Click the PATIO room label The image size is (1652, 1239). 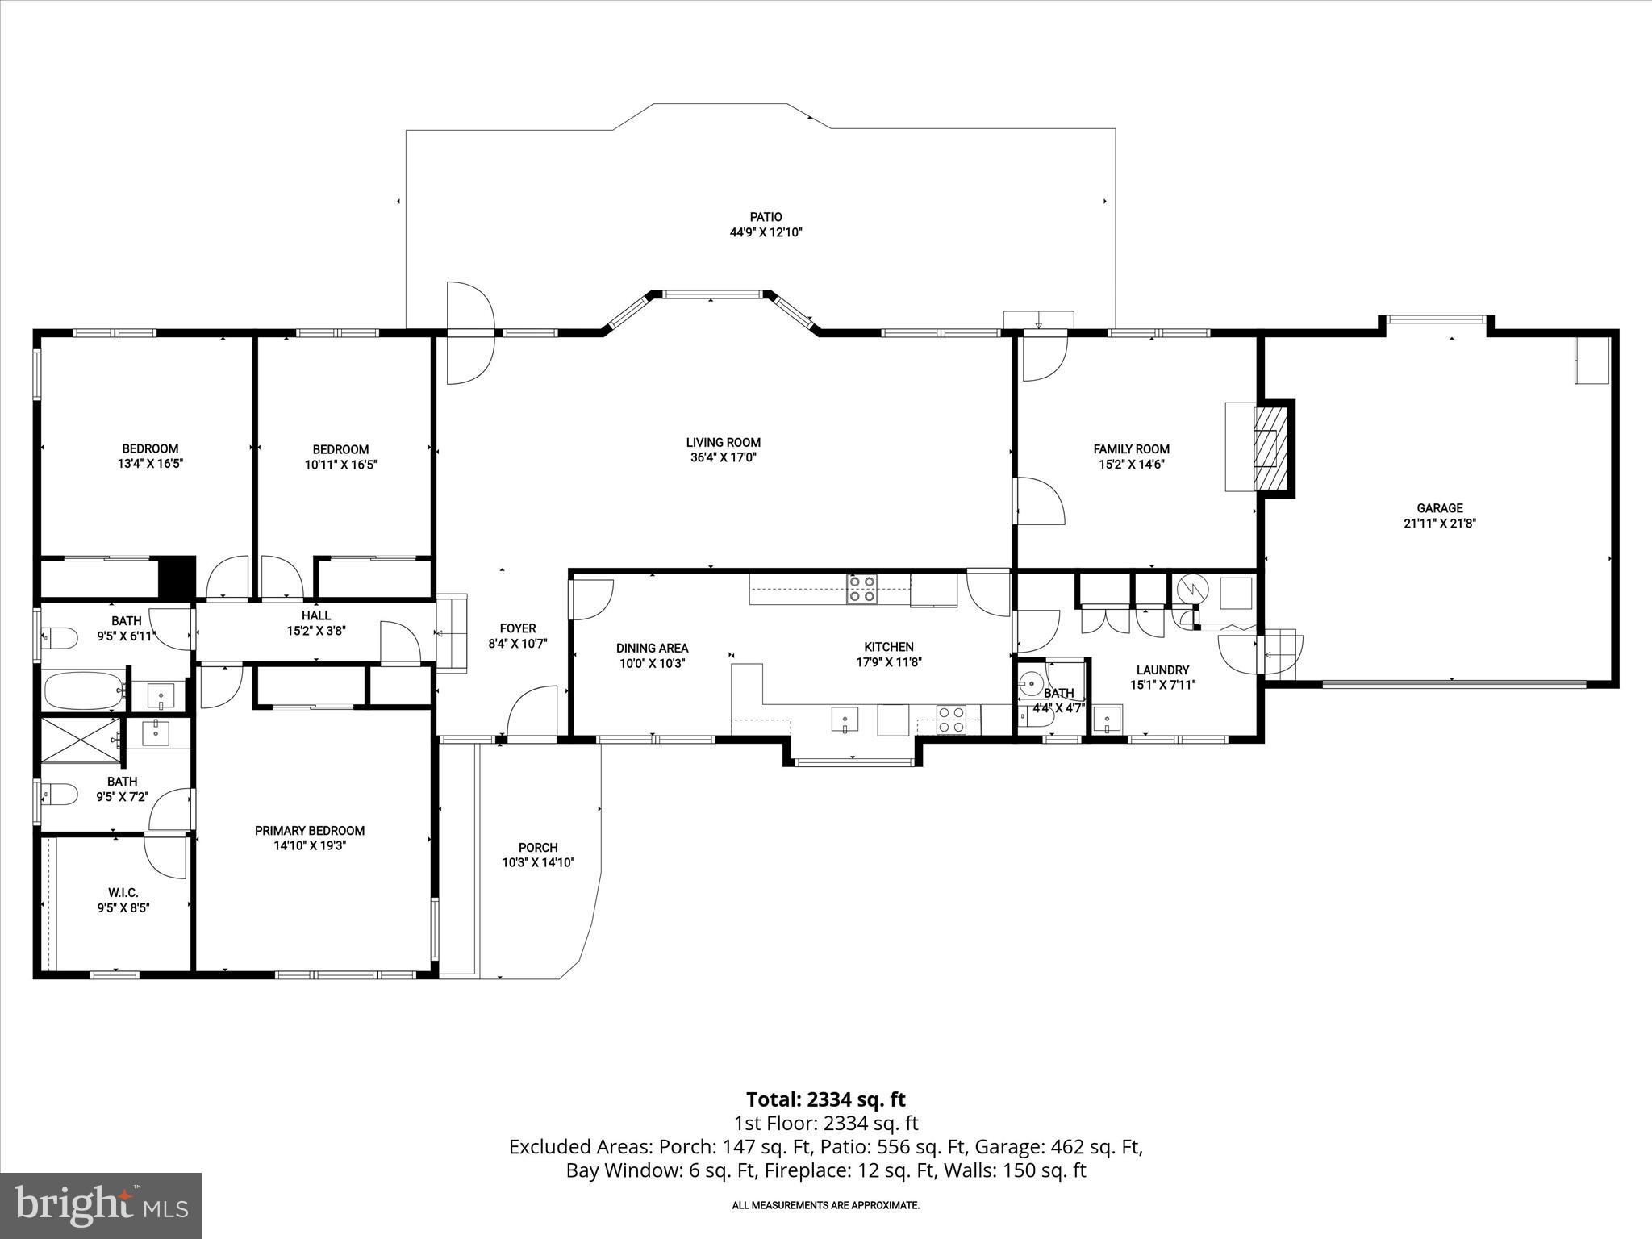(x=766, y=217)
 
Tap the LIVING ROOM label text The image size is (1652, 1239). (x=723, y=442)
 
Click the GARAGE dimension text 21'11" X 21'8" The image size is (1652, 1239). (x=1439, y=523)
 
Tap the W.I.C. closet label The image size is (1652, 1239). (x=123, y=892)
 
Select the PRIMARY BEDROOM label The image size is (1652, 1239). (x=310, y=830)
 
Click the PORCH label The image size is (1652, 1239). (x=538, y=847)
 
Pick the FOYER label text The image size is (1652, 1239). (x=517, y=628)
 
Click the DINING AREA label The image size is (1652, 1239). (x=652, y=648)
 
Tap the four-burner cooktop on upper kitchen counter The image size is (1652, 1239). (x=861, y=589)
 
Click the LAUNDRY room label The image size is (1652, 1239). (x=1162, y=670)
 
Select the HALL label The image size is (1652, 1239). (x=316, y=615)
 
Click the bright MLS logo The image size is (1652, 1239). (x=101, y=1204)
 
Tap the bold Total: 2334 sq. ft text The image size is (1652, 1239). (x=825, y=1099)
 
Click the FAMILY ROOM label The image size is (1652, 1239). (x=1131, y=448)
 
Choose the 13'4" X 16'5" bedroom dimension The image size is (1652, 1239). (x=150, y=464)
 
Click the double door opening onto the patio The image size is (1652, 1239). (x=470, y=333)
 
